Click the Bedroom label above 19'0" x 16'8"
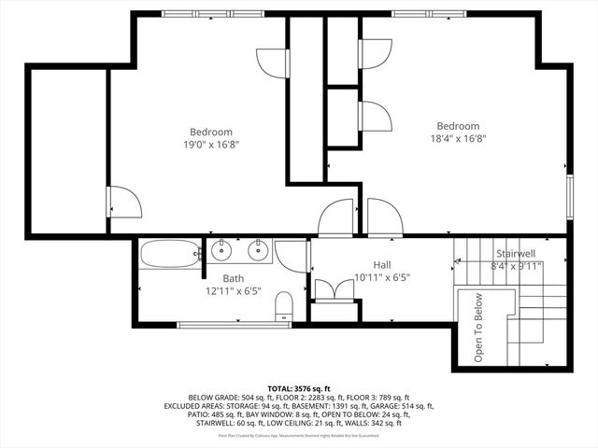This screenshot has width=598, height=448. click(x=211, y=132)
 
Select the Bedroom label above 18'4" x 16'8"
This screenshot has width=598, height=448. click(x=458, y=126)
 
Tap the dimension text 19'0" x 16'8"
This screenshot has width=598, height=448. click(x=211, y=145)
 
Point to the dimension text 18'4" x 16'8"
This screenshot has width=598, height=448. click(x=458, y=139)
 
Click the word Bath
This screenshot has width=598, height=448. click(x=233, y=278)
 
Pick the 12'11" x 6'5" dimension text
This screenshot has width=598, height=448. click(x=233, y=291)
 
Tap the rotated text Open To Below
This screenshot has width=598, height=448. click(x=477, y=328)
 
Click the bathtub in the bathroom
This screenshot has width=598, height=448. click(x=170, y=253)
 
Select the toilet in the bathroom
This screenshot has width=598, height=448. click(x=287, y=305)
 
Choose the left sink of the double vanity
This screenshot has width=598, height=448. click(x=222, y=250)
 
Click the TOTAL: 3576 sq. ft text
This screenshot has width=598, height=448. click(x=299, y=387)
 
